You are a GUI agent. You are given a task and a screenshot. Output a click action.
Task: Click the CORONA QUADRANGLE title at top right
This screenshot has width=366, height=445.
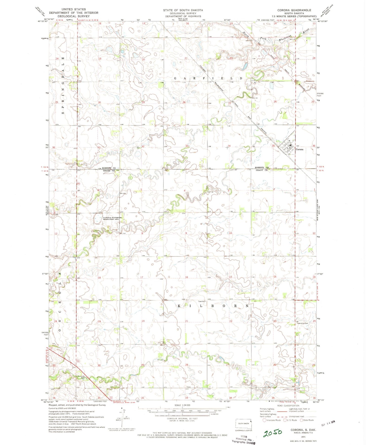294,10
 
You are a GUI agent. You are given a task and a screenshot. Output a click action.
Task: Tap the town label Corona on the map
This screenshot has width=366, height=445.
299,149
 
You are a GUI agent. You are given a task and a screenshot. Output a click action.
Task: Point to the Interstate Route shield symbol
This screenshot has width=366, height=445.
264,420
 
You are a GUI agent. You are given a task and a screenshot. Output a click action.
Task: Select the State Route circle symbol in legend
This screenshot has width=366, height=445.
301,420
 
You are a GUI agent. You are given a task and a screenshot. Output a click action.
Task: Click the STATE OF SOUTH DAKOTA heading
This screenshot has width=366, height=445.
183,10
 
